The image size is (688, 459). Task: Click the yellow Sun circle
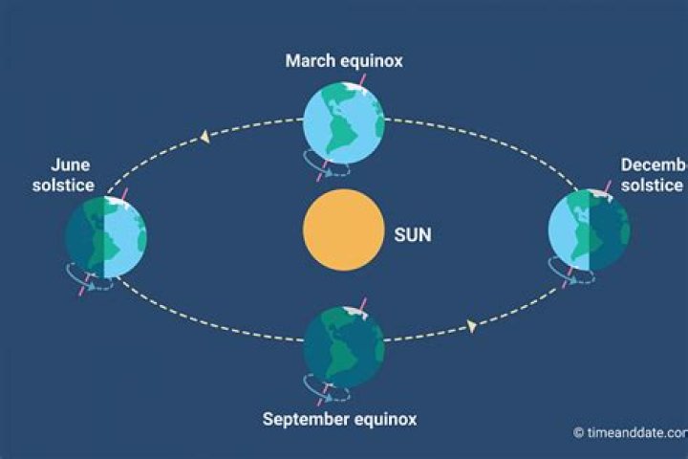pyautogui.click(x=343, y=229)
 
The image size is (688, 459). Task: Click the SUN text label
pyautogui.click(x=412, y=232)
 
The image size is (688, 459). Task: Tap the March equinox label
pyautogui.click(x=344, y=61)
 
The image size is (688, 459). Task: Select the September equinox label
pyautogui.click(x=339, y=419)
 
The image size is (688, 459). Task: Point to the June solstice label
pyautogui.click(x=63, y=174)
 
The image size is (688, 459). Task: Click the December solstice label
pyautogui.click(x=654, y=174)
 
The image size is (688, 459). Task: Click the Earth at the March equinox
pyautogui.click(x=343, y=122)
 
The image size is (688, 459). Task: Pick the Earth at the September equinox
pyautogui.click(x=343, y=346)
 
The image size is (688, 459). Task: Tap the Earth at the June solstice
pyautogui.click(x=105, y=236)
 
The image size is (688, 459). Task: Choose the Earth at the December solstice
pyautogui.click(x=589, y=230)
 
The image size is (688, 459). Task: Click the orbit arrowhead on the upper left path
pyautogui.click(x=204, y=138)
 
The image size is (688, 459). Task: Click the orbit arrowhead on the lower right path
pyautogui.click(x=471, y=326)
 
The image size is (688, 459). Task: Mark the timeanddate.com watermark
pyautogui.click(x=632, y=432)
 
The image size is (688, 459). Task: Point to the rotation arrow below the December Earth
pyautogui.click(x=579, y=276)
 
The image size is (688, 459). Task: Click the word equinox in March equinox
pyautogui.click(x=373, y=61)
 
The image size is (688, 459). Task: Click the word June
pyautogui.click(x=63, y=164)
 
